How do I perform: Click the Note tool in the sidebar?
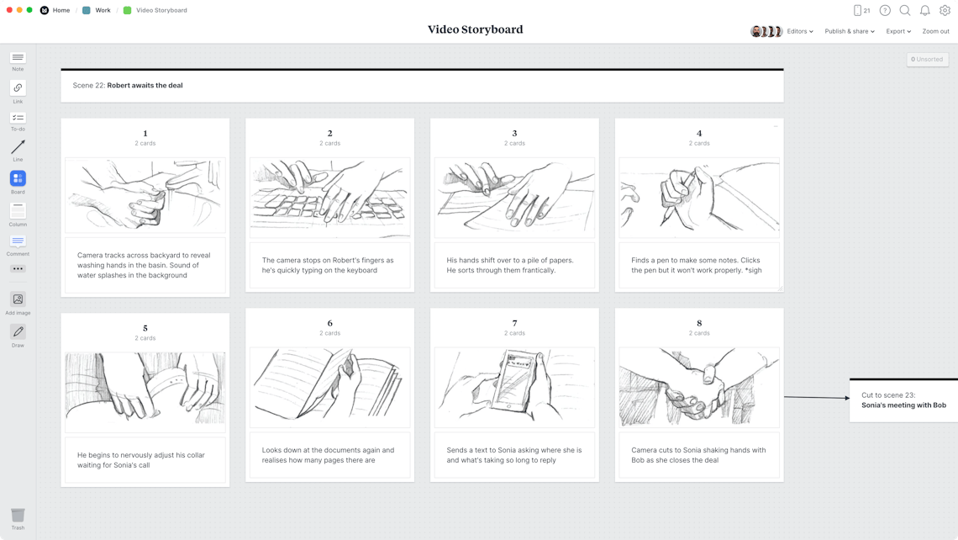click(18, 58)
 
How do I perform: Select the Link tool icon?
click(18, 88)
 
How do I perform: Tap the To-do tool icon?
click(18, 119)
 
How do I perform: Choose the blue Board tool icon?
click(18, 178)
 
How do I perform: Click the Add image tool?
click(18, 299)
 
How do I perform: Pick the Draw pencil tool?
click(18, 332)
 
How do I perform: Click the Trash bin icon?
click(18, 515)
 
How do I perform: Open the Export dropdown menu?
click(897, 31)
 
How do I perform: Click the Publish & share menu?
click(849, 31)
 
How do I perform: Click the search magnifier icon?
click(905, 10)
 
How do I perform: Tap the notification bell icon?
click(924, 10)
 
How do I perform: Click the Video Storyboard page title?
click(475, 29)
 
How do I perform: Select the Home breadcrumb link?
click(61, 10)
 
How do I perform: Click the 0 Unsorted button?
click(927, 59)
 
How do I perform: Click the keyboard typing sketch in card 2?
click(329, 198)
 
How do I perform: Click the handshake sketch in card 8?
click(699, 387)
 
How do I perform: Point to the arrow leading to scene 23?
click(816, 397)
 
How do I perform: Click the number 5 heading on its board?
click(145, 328)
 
